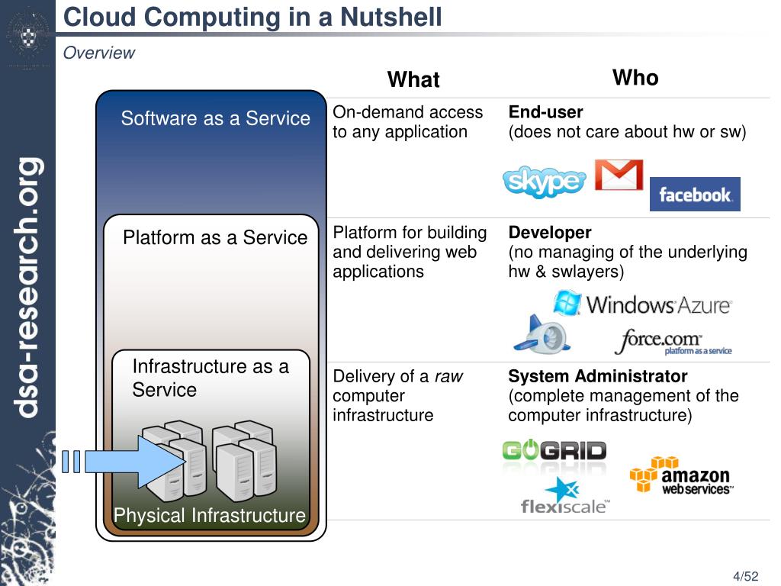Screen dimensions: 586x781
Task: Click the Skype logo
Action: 544,182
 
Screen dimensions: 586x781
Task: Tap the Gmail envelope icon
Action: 619,175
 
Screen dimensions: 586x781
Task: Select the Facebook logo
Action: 695,195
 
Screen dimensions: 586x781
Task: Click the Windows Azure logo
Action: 642,304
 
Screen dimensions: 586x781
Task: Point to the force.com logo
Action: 671,341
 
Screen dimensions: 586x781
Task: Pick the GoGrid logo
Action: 554,451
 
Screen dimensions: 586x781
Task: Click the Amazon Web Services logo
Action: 680,476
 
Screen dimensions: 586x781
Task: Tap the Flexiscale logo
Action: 565,497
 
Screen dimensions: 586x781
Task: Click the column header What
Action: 413,79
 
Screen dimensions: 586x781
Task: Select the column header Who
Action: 635,78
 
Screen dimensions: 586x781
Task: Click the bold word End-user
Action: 545,112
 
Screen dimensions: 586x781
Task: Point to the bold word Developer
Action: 549,232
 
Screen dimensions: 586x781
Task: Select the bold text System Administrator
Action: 597,376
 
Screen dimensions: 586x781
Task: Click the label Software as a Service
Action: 216,118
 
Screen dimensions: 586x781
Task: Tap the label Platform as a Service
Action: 215,237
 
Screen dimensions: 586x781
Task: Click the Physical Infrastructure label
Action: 210,516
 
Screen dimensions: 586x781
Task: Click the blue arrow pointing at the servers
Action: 133,461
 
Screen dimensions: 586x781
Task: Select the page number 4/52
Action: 746,576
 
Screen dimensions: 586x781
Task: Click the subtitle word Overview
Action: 98,53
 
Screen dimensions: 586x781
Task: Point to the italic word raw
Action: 448,376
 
